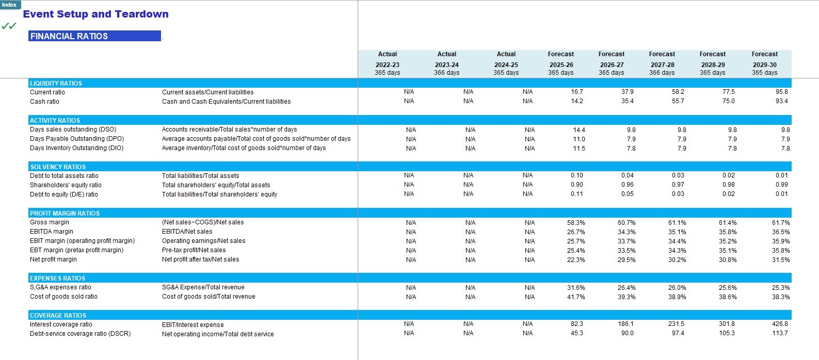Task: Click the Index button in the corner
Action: [9, 5]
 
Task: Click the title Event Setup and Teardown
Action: [95, 14]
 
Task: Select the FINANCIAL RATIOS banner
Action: [94, 36]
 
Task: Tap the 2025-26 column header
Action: [560, 65]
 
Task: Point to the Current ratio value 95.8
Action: [781, 92]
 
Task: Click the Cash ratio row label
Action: [44, 102]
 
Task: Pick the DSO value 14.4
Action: [579, 130]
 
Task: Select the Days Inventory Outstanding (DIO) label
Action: [76, 148]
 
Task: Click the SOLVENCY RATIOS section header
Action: [58, 167]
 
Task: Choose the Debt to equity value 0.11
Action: [576, 194]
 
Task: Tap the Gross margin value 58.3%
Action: [576, 223]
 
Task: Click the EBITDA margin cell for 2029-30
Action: [781, 232]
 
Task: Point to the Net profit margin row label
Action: [53, 259]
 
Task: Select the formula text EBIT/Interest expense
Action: [192, 325]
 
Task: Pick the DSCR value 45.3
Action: [576, 333]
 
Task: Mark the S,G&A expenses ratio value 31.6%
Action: [576, 288]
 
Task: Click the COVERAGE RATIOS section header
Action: [58, 316]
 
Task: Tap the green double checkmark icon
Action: [9, 26]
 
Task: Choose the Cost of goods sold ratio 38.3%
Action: [781, 297]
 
